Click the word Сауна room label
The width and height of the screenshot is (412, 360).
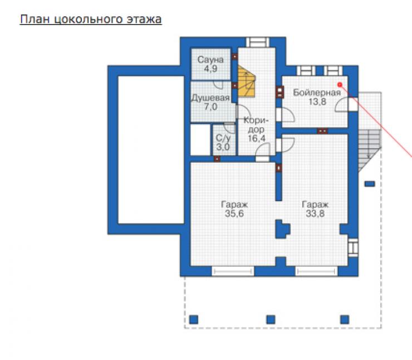[210, 60]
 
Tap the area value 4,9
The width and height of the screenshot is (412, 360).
[210, 69]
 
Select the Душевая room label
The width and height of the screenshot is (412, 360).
[210, 98]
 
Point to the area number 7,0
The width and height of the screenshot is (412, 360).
[210, 107]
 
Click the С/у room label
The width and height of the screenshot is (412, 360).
[223, 138]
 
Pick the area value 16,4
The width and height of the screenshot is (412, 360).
[257, 138]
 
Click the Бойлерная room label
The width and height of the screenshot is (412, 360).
[317, 93]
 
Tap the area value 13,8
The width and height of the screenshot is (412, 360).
[317, 101]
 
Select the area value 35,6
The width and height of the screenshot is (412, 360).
[234, 213]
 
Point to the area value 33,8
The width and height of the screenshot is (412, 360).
[315, 213]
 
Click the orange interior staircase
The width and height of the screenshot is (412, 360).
[247, 81]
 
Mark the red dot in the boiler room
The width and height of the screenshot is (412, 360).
[340, 85]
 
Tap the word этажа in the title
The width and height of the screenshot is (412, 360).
[144, 20]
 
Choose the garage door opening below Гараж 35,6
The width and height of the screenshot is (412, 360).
[233, 271]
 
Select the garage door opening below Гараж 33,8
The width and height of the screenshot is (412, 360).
[316, 271]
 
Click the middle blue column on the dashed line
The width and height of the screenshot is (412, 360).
[271, 319]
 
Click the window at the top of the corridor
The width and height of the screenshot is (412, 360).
[258, 42]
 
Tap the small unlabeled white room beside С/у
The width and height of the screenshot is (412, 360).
[200, 140]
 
